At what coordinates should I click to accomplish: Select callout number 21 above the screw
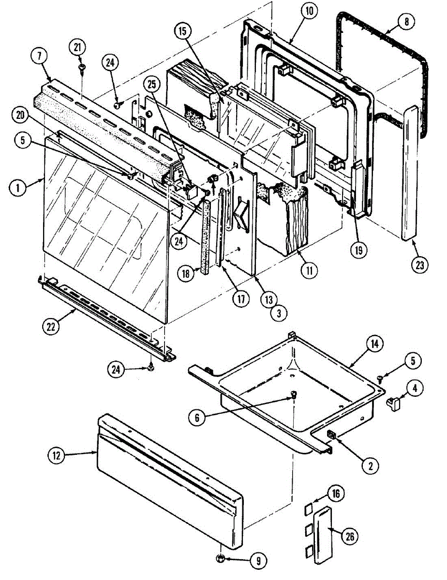coord(78,48)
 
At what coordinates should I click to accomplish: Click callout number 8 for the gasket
coord(405,22)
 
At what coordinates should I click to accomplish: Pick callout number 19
coord(359,250)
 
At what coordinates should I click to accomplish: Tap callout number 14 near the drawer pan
coord(375,345)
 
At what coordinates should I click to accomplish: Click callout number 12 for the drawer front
coord(56,455)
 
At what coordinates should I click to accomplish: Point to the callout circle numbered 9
coord(257,561)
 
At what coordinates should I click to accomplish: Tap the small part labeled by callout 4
coord(394,401)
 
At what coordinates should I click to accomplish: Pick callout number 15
coord(182,31)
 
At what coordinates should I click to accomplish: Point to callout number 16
coord(336,493)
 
